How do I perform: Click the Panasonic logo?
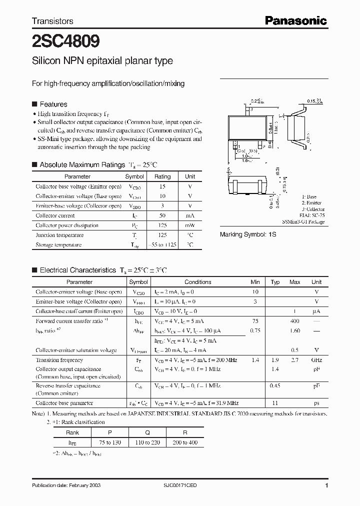point(295,20)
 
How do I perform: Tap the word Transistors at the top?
point(52,21)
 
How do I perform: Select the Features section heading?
point(53,104)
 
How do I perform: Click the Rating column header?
point(162,176)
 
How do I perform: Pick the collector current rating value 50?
point(162,215)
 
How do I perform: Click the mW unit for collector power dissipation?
point(190,225)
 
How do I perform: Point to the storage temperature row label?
point(59,245)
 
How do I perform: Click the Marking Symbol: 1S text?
point(248,234)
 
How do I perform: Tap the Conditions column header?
point(198,282)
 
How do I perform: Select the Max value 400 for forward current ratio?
point(294,321)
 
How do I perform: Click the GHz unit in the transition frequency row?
point(316,360)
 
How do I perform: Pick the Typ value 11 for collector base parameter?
point(274,403)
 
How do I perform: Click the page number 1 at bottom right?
point(326,485)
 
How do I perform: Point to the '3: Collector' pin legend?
point(313,209)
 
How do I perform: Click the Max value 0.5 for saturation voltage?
point(294,350)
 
